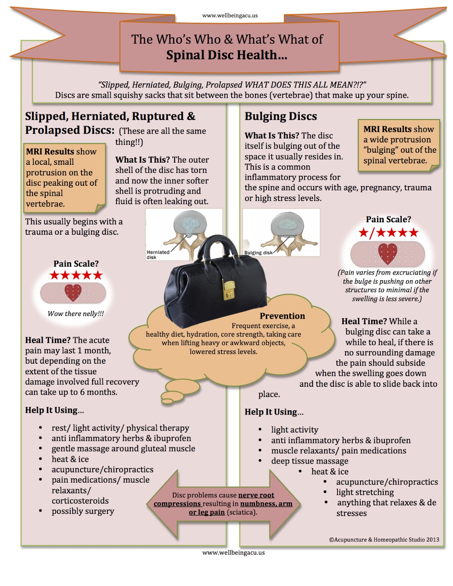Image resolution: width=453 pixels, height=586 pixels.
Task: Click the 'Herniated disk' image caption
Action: point(158,255)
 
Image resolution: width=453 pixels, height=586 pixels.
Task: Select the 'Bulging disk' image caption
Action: point(258,253)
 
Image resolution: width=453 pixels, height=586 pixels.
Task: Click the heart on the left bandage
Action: point(73,292)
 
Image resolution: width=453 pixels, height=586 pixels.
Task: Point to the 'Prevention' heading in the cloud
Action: point(282,316)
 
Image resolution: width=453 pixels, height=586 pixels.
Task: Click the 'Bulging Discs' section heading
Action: point(281,116)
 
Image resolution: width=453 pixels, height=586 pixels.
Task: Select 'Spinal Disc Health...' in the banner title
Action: point(226,55)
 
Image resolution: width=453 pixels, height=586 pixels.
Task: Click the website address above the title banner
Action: point(230,16)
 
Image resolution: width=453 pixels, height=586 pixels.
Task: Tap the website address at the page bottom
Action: point(233,553)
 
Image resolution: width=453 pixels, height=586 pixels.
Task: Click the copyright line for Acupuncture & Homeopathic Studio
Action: point(384,539)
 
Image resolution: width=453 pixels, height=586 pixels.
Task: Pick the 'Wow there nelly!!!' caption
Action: point(75,314)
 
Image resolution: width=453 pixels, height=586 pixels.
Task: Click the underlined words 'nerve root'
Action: point(256,495)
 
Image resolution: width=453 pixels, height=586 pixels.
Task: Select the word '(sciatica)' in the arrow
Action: point(242,512)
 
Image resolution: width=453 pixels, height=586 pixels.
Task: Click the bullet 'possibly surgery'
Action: point(83,511)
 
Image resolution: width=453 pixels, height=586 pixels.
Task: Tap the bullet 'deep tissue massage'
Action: point(310,461)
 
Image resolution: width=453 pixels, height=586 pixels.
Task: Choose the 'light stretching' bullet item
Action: point(365,492)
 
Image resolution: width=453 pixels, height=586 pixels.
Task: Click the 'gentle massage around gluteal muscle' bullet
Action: point(123,449)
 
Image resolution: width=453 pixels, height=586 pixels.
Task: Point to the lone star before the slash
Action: point(364,233)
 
